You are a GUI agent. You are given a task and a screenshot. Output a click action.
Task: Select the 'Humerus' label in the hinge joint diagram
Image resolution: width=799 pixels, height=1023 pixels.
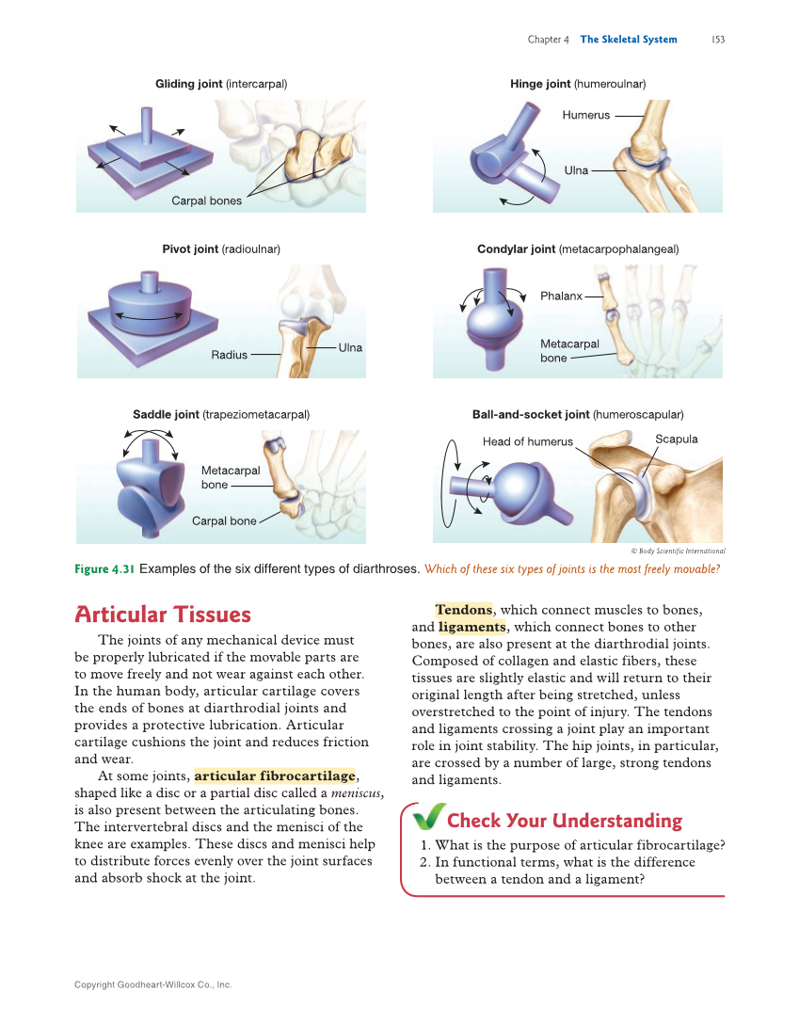[585, 115]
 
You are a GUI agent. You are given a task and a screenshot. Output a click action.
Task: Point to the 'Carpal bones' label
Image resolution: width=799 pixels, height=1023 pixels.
[206, 200]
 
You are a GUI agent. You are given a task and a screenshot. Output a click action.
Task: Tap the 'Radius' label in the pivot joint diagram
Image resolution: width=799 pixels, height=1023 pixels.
[229, 355]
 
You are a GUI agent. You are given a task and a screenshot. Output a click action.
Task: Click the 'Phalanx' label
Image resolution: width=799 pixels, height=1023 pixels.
[561, 296]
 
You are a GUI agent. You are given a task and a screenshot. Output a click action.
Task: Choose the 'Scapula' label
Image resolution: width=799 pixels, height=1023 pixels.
[676, 439]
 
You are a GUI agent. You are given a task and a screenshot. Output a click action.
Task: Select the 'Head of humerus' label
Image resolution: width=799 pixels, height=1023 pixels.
[527, 441]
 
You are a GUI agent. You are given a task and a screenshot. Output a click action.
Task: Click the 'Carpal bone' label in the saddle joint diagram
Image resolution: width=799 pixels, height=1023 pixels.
[224, 520]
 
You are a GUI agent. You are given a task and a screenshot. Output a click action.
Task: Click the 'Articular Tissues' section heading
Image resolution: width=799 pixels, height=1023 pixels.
[163, 615]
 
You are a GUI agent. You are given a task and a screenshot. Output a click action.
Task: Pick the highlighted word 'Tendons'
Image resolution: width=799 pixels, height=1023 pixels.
[463, 610]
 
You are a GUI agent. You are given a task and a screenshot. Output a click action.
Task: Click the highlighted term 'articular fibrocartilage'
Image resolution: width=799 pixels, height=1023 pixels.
[275, 776]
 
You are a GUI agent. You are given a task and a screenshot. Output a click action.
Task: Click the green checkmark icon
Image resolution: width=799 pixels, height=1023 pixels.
[429, 818]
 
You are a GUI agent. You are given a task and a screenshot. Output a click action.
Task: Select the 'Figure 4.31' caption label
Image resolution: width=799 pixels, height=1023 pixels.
[104, 568]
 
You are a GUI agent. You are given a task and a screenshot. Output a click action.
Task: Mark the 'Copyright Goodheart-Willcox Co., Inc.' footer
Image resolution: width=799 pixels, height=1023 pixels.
[152, 984]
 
